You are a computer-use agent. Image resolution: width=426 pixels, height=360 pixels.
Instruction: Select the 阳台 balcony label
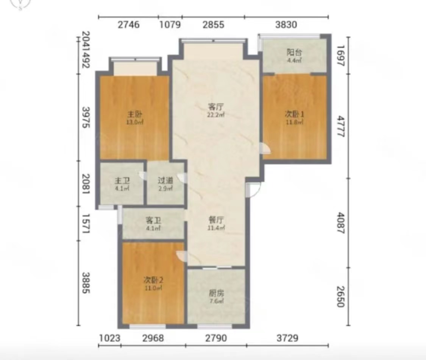(x=294, y=53)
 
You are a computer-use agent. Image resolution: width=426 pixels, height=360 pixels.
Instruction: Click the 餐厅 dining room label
(x=216, y=220)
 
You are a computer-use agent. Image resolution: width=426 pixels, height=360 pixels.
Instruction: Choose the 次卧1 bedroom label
(x=295, y=114)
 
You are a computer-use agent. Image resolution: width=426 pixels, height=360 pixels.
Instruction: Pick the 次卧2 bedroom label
(x=153, y=280)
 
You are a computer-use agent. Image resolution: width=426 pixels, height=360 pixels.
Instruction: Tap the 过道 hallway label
(x=165, y=181)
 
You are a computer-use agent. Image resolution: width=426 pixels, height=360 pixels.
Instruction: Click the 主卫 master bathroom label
(x=122, y=181)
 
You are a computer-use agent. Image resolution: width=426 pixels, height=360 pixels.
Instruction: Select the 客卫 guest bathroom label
(x=153, y=220)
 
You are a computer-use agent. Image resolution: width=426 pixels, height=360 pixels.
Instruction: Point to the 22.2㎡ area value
(x=216, y=115)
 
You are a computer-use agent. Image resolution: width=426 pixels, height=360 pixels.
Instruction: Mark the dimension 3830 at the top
(x=286, y=25)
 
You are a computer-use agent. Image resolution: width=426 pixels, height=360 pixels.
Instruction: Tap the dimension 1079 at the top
(x=170, y=25)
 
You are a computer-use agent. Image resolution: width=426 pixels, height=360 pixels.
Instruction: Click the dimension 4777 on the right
(x=341, y=126)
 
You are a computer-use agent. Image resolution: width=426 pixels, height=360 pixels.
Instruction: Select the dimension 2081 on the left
(x=86, y=184)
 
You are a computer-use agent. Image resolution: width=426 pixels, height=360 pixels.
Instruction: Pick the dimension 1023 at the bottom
(x=109, y=338)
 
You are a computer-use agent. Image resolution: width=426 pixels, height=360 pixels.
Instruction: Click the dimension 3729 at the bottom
(x=287, y=338)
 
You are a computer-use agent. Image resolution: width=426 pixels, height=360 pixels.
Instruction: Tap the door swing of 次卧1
(x=265, y=148)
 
